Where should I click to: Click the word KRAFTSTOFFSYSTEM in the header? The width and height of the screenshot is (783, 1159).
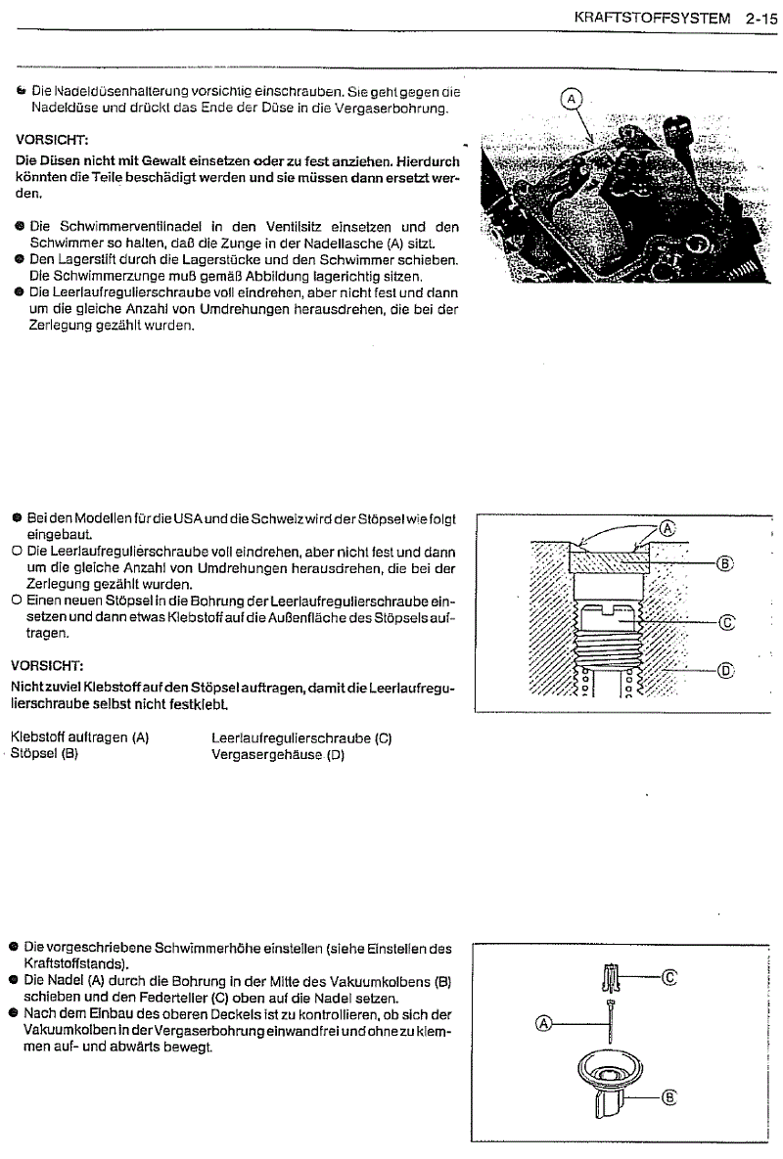tap(650, 17)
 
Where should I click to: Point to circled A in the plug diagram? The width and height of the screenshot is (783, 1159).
tap(668, 526)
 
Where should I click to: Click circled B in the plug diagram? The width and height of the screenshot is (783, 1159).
tap(724, 563)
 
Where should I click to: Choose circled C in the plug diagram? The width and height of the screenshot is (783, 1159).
tap(726, 621)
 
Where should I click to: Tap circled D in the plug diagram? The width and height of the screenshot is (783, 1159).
tap(726, 670)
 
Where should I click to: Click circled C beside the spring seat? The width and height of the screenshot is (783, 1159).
tap(670, 975)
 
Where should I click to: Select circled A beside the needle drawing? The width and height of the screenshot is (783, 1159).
tap(545, 1024)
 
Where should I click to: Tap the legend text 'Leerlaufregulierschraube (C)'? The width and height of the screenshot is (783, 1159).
tap(301, 737)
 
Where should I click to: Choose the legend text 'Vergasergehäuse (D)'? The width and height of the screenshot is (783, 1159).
tap(280, 755)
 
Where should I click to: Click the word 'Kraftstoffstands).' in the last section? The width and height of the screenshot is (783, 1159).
tap(77, 963)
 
